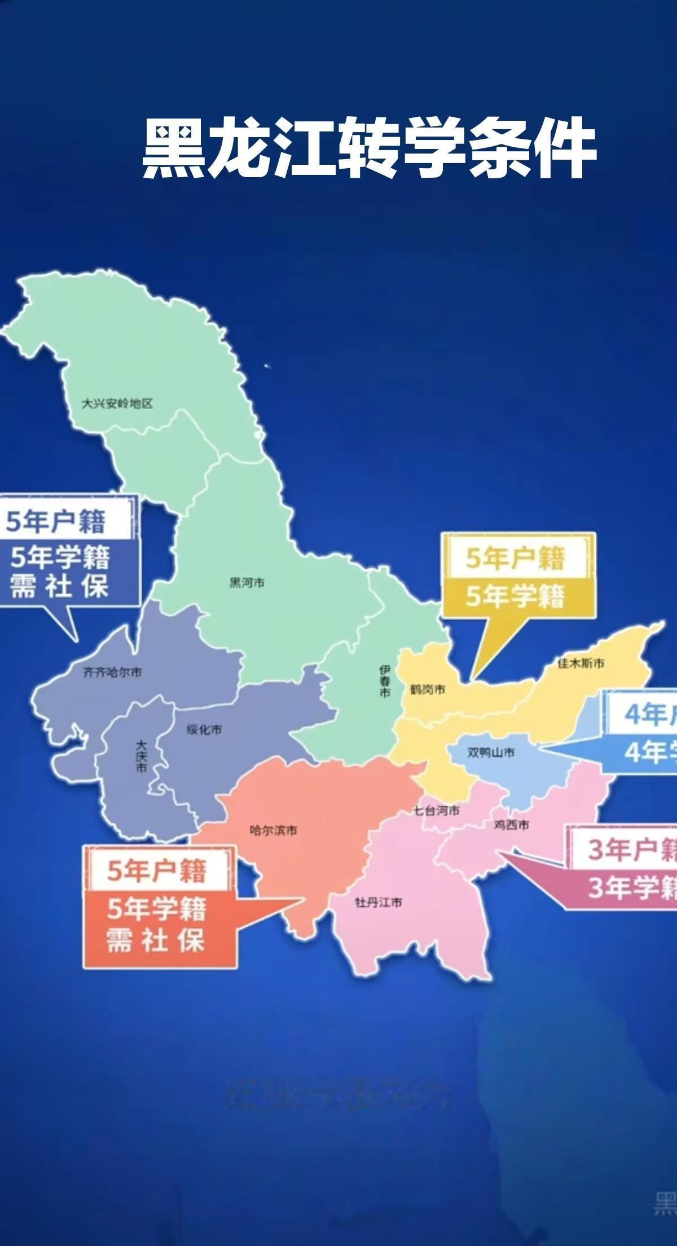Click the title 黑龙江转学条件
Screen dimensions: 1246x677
tap(369, 148)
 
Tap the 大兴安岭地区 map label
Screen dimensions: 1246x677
tap(117, 403)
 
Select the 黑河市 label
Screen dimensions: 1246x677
tap(247, 582)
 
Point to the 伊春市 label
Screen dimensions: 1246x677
tap(385, 681)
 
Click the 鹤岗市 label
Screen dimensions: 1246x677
tap(427, 690)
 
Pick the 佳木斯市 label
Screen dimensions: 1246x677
tap(581, 663)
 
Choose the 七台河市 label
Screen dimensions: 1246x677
tap(436, 811)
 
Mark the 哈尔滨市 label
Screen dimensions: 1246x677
tap(274, 831)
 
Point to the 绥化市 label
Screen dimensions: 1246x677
tap(204, 730)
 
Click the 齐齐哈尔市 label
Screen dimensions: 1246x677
tap(112, 672)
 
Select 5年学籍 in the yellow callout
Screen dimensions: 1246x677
tap(515, 596)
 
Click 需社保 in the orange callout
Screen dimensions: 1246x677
tap(156, 941)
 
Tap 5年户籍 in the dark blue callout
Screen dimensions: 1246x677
tap(56, 521)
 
